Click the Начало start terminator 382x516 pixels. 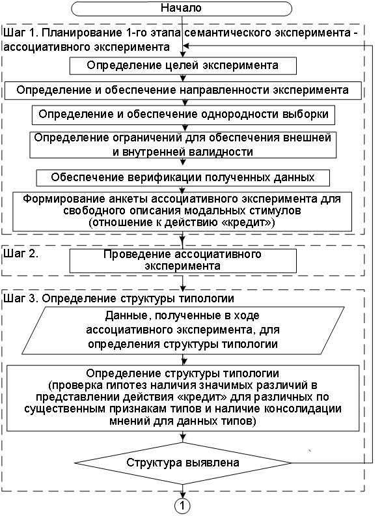pos(182,8)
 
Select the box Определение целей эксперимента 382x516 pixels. pos(183,66)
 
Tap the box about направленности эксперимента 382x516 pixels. pos(183,90)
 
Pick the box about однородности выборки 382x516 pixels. pos(183,115)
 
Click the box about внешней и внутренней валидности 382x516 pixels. pos(183,145)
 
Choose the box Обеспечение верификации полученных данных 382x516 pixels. pos(183,178)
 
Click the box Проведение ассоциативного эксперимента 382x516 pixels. pos(183,261)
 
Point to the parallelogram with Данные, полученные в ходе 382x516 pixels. pos(183,330)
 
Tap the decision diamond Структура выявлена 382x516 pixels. pos(183,463)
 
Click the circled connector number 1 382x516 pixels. pos(182,506)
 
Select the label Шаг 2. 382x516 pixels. pos(21,253)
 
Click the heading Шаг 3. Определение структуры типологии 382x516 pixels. pos(118,298)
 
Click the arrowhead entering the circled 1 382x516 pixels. pos(182,495)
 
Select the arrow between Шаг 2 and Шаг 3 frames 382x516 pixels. pos(182,283)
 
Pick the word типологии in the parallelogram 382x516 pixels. pos(249,344)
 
